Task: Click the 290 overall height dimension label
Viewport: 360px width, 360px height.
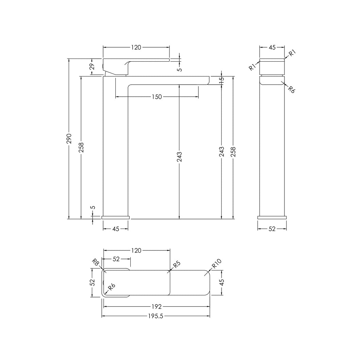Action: [69, 138]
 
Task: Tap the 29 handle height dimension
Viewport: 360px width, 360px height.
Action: [92, 67]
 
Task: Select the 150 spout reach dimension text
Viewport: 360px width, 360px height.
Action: [157, 97]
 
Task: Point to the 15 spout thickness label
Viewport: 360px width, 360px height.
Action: [221, 80]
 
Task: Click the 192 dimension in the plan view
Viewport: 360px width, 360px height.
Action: [157, 307]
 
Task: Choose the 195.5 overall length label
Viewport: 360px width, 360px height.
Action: [156, 316]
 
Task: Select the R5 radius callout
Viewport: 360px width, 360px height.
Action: [177, 264]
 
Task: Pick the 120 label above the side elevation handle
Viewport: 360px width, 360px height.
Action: [136, 48]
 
